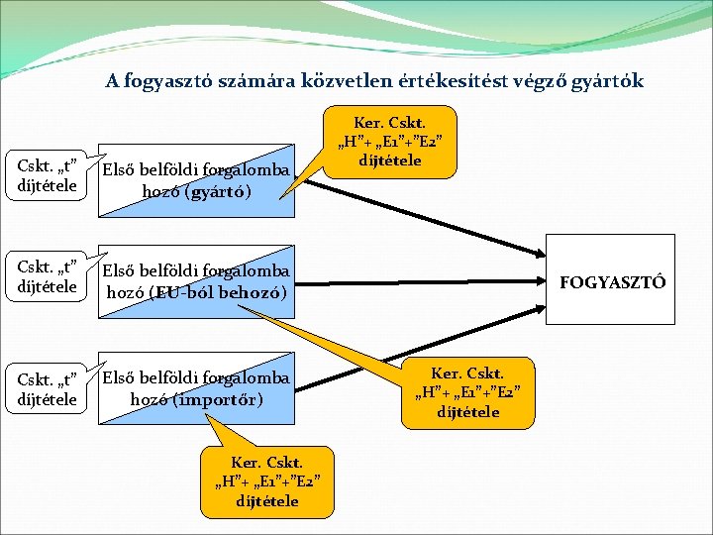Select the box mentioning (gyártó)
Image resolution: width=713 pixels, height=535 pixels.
click(x=197, y=181)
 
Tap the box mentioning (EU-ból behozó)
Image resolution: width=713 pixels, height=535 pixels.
click(x=197, y=282)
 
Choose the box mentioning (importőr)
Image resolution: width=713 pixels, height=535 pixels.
click(x=197, y=388)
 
